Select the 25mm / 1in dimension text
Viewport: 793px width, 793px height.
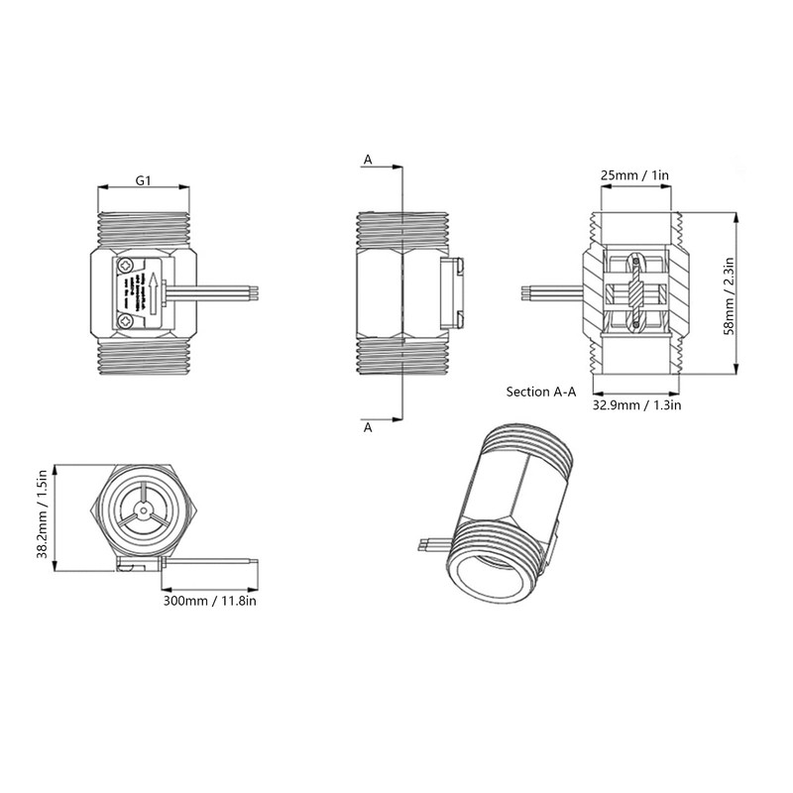coord(635,175)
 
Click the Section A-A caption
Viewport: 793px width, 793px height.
coord(541,392)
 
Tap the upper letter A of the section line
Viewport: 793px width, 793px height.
coord(368,159)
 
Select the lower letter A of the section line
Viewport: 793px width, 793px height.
coord(368,427)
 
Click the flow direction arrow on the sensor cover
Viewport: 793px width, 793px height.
coord(154,292)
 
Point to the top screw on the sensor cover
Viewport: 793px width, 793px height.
coord(126,265)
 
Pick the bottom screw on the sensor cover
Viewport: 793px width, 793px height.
coord(126,320)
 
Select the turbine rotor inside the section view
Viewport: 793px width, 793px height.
coord(635,292)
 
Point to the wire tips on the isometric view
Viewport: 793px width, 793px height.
coord(424,544)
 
